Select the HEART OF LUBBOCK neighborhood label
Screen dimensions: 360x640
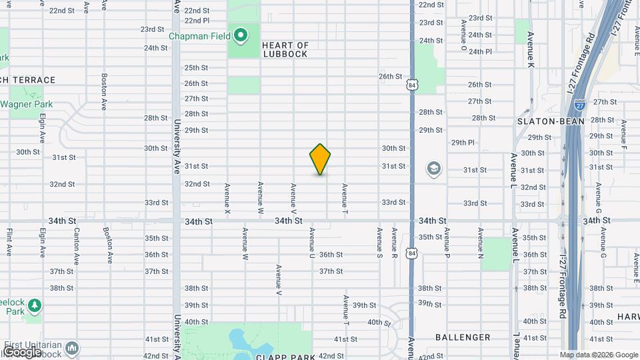pos(285,49)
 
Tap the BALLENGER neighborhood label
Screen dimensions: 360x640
pos(463,337)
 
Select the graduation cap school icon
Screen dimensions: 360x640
pos(434,168)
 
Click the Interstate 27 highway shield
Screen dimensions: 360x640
pos(581,105)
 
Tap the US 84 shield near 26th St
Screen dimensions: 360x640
pos(413,85)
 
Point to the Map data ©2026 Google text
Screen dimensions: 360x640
pos(599,355)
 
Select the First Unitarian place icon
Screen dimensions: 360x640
pos(72,347)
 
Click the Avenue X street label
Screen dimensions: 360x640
pos(228,199)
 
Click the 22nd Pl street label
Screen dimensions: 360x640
pos(197,21)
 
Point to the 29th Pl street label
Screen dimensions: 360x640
pos(463,143)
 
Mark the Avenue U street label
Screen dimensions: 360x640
pos(311,243)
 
